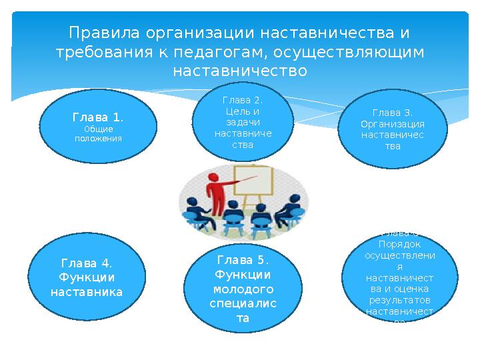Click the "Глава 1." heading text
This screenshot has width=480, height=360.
[x=98, y=118]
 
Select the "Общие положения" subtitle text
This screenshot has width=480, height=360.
[x=98, y=133]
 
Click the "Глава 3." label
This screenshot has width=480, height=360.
[x=393, y=113]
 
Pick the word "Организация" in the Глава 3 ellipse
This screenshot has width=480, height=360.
[x=393, y=124]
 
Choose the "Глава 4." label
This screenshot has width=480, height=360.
[x=87, y=263]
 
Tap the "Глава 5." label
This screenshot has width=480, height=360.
[x=243, y=259]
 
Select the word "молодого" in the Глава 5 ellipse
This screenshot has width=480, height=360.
[x=243, y=289]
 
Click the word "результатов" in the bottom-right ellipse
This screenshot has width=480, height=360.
[x=399, y=300]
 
